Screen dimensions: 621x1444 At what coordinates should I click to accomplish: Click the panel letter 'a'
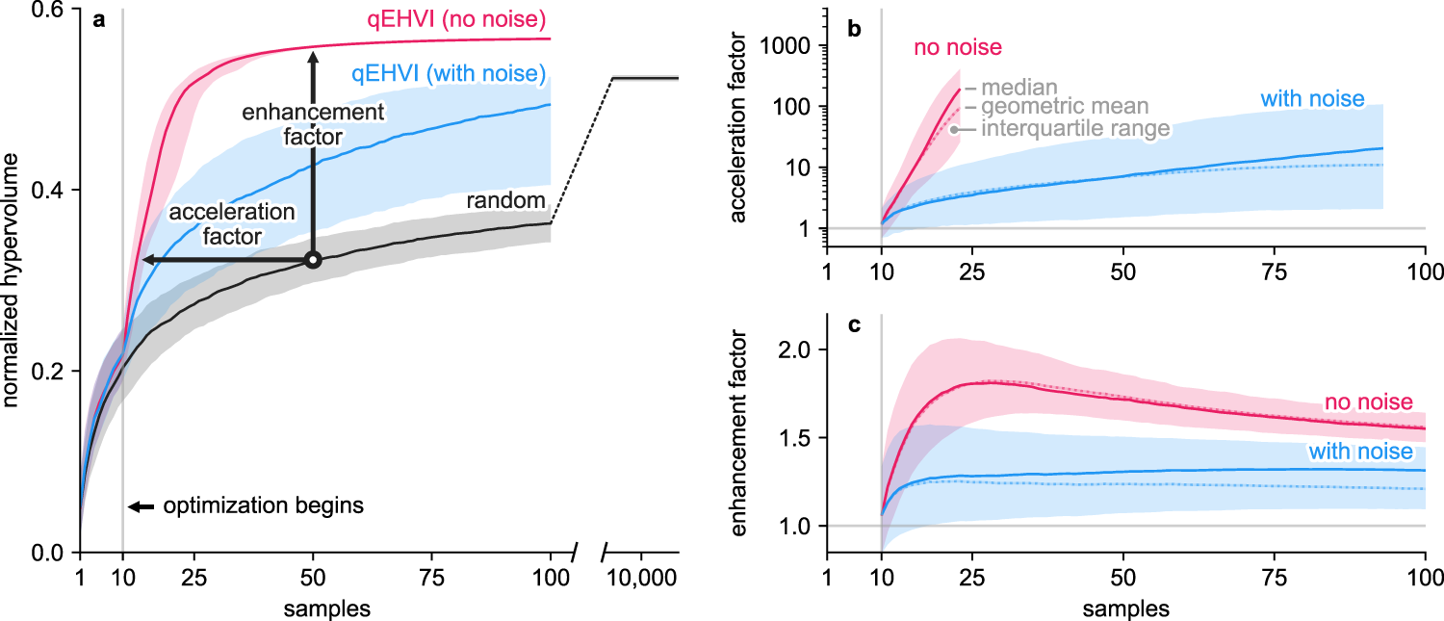coord(98,20)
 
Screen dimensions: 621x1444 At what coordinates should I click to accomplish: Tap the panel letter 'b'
coord(854,29)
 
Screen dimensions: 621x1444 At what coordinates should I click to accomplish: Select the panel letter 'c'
coord(853,326)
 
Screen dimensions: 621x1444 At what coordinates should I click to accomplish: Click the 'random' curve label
coord(506,200)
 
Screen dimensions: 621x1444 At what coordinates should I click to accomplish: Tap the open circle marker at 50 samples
coord(312,260)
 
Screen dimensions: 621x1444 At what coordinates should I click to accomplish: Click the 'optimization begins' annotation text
coord(263,505)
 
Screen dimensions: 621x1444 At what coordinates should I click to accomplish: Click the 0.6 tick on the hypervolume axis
coord(51,9)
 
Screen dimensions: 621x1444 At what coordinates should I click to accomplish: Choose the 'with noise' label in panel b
coord(1312,98)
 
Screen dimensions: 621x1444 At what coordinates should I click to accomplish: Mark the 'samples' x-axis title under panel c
coord(1125,608)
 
